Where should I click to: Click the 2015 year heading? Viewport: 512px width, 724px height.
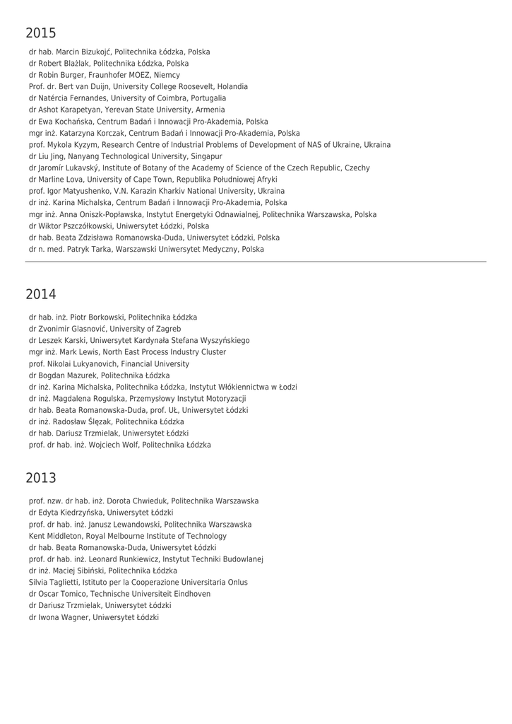(x=41, y=33)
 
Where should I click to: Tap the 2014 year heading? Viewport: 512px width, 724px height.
(x=41, y=294)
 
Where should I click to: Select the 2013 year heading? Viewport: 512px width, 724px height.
(x=41, y=478)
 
